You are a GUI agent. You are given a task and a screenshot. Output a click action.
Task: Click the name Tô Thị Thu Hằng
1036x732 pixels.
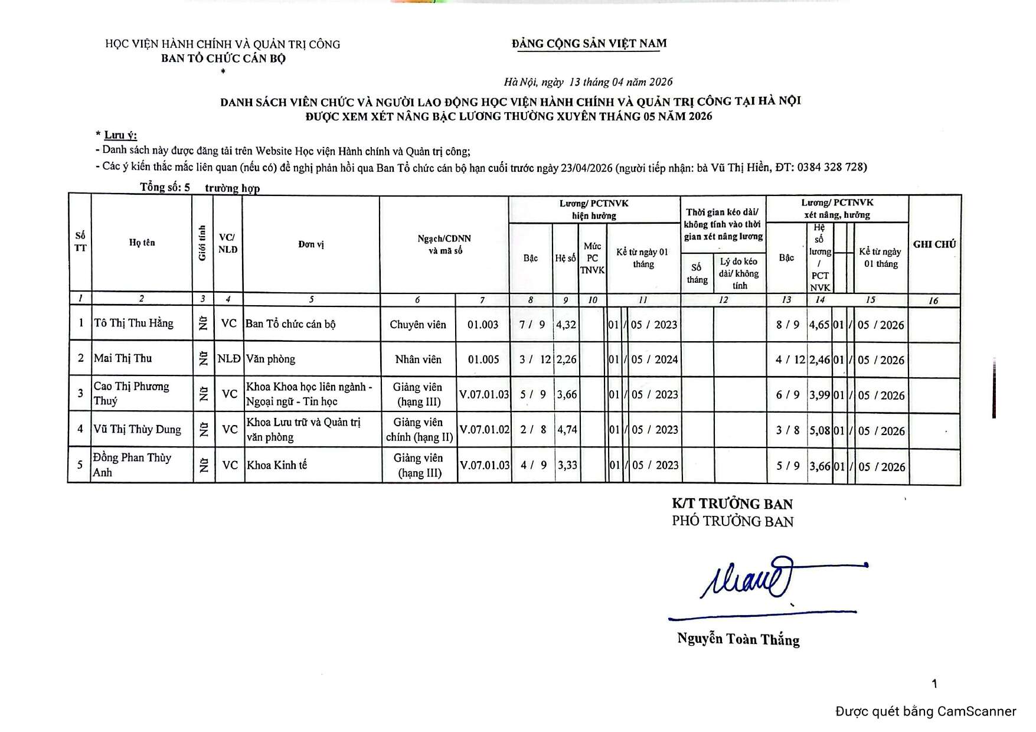(x=133, y=323)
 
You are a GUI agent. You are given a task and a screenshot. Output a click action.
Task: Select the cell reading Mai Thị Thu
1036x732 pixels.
(x=123, y=358)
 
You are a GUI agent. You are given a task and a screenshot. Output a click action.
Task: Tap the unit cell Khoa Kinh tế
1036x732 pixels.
(x=277, y=465)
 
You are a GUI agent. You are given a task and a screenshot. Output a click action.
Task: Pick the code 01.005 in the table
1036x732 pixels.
(x=483, y=360)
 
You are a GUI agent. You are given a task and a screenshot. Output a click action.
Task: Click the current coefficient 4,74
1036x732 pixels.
(x=567, y=430)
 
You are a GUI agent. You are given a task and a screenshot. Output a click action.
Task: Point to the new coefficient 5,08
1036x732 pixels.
(x=819, y=431)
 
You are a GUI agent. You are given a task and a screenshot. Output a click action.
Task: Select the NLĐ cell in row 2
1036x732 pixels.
(x=228, y=359)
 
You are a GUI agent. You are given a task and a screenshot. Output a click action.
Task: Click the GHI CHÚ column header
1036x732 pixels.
(x=934, y=244)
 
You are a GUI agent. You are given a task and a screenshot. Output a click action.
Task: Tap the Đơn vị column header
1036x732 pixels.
(x=311, y=244)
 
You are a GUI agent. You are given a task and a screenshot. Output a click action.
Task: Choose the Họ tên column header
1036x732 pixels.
(x=142, y=243)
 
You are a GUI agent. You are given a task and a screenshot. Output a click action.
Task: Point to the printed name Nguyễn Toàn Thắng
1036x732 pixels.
(x=738, y=639)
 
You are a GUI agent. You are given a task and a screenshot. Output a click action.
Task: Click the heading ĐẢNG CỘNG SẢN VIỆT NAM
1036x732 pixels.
(x=589, y=43)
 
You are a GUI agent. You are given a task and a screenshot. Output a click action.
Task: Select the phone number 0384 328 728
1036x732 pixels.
(x=831, y=167)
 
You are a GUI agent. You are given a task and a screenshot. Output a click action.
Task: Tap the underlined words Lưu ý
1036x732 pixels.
(x=120, y=135)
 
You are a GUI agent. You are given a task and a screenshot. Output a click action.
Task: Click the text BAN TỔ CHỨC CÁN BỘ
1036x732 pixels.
(x=223, y=58)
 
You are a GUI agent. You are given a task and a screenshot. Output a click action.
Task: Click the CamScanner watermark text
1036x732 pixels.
(x=925, y=711)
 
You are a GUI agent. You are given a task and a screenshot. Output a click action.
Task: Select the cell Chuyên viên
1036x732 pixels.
(x=417, y=325)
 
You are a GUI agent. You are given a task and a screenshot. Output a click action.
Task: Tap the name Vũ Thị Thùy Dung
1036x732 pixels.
(x=137, y=429)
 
